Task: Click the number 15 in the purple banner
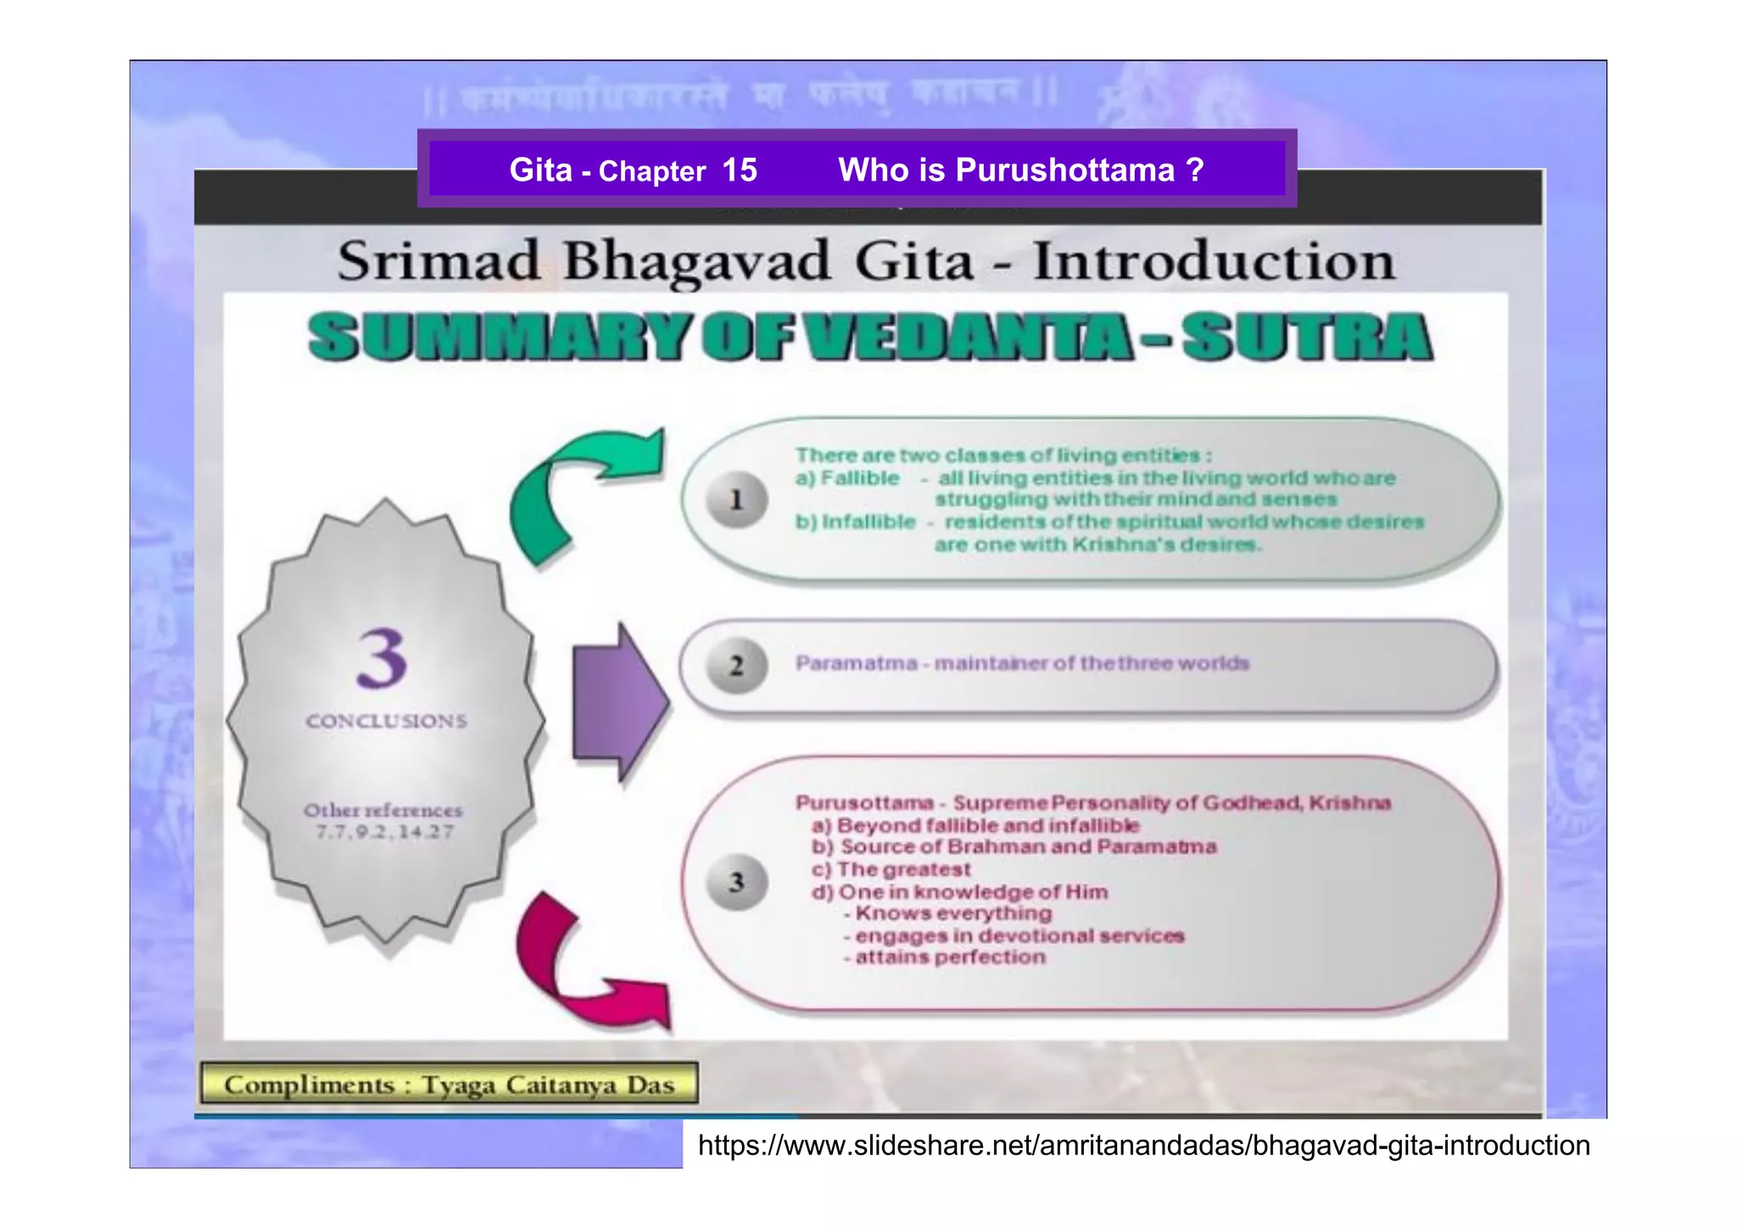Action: click(739, 170)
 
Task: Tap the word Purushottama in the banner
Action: click(1064, 170)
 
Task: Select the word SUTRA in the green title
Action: click(1306, 337)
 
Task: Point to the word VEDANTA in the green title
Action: click(967, 337)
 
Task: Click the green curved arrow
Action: click(577, 492)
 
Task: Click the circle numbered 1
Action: click(736, 500)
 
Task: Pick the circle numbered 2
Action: click(736, 666)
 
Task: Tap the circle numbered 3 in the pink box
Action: click(736, 882)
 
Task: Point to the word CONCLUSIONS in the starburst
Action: click(386, 721)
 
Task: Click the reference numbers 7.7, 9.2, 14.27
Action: click(385, 832)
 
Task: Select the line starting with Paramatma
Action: click(1022, 663)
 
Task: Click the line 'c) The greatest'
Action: click(891, 869)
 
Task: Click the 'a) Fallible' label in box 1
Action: click(846, 478)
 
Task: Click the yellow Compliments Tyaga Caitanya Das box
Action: click(449, 1084)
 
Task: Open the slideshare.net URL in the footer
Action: click(1143, 1146)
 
